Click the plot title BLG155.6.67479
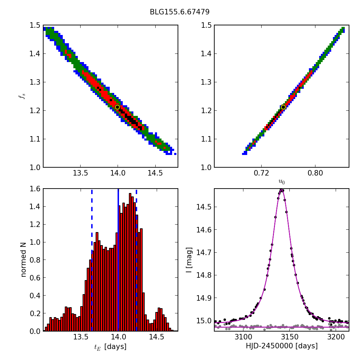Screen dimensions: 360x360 coord(180,12)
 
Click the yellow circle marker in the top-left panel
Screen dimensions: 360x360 coord(117,107)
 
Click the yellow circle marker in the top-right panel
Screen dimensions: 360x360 coord(283,107)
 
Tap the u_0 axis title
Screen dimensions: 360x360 coord(281,182)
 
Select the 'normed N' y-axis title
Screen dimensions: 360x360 coord(23,260)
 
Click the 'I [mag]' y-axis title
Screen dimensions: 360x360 coord(189,260)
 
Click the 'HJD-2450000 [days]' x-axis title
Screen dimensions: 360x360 coord(281,346)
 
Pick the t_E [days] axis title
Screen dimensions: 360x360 coord(110,347)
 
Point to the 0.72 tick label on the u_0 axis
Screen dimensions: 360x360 coord(261,173)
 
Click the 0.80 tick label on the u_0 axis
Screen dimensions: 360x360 coord(315,173)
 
